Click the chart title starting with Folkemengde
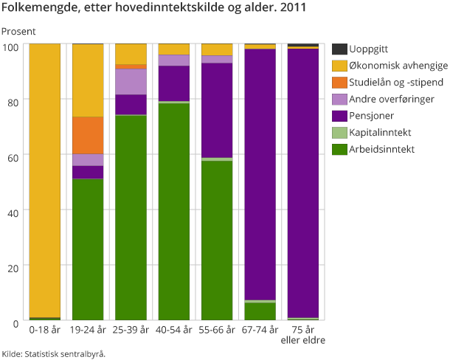155,10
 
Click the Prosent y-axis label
18,32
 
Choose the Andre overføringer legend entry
392,99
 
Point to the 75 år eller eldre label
302,335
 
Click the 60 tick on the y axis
10,155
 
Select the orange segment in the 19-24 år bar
88,135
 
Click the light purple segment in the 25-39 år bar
131,81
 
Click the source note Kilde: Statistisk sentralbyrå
53,353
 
